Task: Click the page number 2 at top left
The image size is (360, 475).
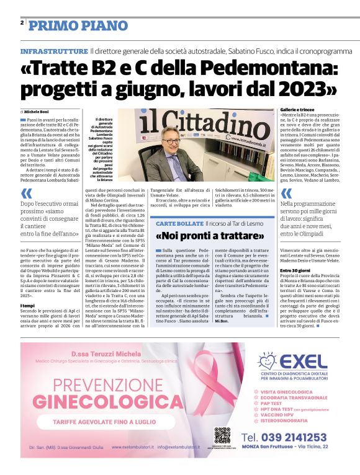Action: pyautogui.click(x=22, y=22)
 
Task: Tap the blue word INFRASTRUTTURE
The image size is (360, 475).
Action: pyautogui.click(x=53, y=51)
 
